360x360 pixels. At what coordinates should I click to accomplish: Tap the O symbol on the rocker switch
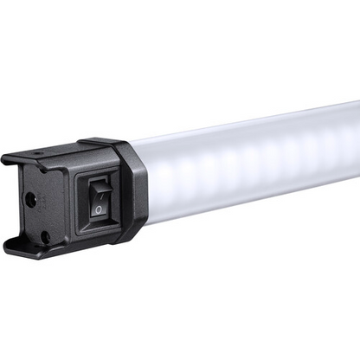coord(99,209)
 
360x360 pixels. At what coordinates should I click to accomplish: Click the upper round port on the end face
coord(31,198)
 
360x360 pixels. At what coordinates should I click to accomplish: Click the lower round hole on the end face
coord(44,235)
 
